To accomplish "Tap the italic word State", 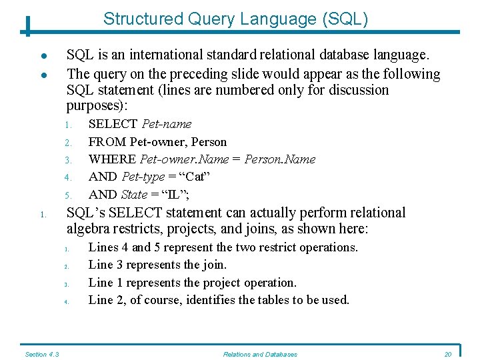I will click(134, 195).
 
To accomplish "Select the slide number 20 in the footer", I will click(448, 354).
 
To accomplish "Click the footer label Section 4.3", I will click(42, 354).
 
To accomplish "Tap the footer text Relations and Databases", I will click(260, 354).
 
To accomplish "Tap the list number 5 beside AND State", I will click(67, 195).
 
